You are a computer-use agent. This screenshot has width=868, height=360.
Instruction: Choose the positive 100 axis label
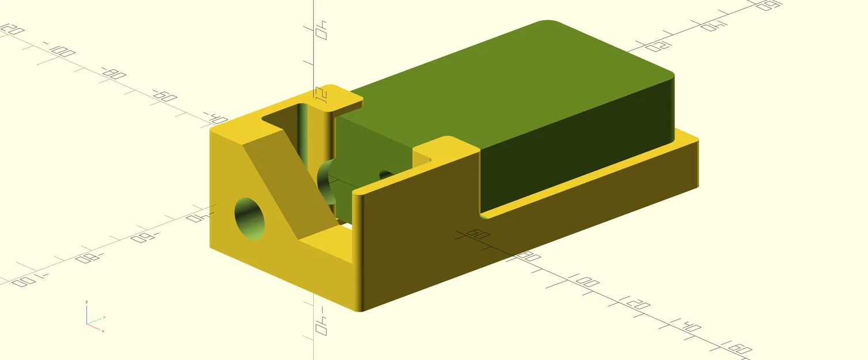[x=586, y=282]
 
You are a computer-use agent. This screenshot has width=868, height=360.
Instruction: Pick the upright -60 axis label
[x=165, y=96]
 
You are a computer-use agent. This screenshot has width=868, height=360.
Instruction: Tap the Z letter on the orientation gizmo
[x=86, y=302]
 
